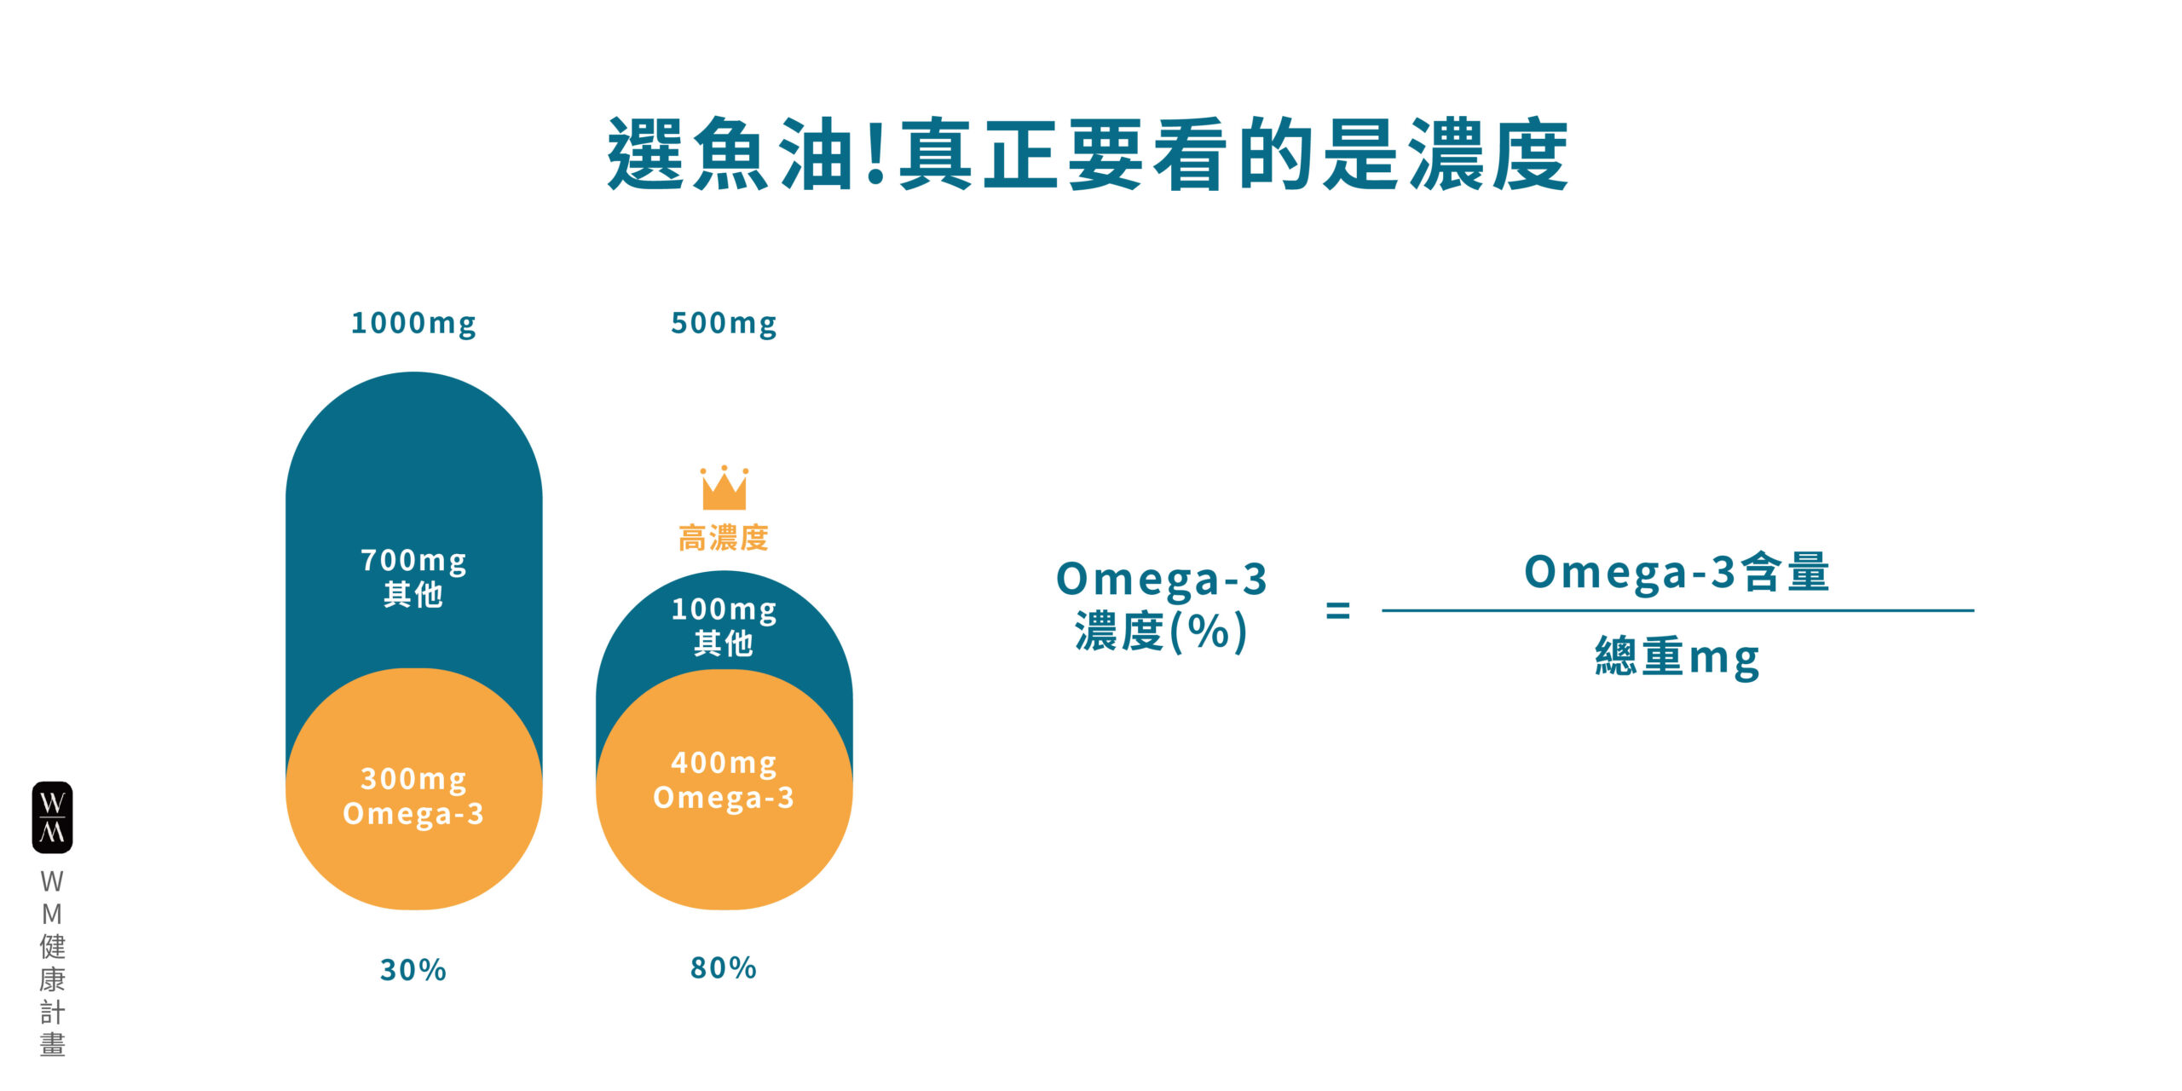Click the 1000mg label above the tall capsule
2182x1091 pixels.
pyautogui.click(x=413, y=324)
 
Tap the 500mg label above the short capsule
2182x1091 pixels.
pyautogui.click(x=724, y=324)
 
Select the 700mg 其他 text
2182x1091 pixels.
pyautogui.click(x=413, y=577)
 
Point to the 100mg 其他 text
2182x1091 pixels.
pyautogui.click(x=724, y=626)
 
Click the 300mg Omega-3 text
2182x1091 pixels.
pyautogui.click(x=413, y=796)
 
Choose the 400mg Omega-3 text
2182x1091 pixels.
pyautogui.click(x=724, y=780)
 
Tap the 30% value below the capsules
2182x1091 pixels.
pyautogui.click(x=413, y=970)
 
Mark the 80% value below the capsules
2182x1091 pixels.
pyautogui.click(x=724, y=968)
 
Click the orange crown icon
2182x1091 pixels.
pyautogui.click(x=724, y=488)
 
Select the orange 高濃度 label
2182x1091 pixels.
pyautogui.click(x=724, y=538)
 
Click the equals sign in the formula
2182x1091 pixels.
pyautogui.click(x=1338, y=610)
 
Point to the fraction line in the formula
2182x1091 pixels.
pyautogui.click(x=1677, y=610)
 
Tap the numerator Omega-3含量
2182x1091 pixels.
pyautogui.click(x=1677, y=572)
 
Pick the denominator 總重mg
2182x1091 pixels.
pyautogui.click(x=1677, y=658)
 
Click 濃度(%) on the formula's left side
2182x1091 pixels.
pyautogui.click(x=1161, y=632)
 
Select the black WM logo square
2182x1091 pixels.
pyautogui.click(x=52, y=817)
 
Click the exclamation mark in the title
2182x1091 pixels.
pyautogui.click(x=875, y=154)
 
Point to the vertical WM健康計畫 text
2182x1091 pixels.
pyautogui.click(x=52, y=963)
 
